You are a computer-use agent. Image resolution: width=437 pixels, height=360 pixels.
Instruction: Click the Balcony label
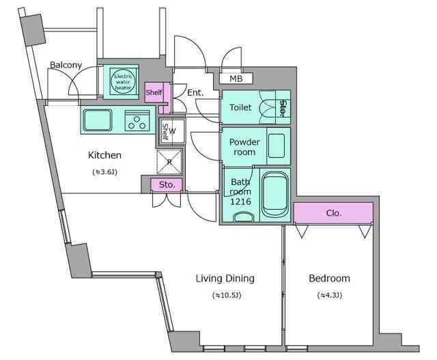[x=66, y=65]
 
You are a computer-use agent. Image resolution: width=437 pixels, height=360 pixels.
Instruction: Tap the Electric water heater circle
[x=123, y=81]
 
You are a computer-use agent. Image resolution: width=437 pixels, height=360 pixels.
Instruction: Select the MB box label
[x=236, y=79]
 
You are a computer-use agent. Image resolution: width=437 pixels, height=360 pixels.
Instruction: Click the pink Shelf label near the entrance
[x=154, y=92]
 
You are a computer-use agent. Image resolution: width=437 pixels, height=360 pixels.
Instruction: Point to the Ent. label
[x=195, y=92]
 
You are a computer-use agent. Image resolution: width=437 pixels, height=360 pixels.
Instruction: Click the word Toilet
[x=240, y=107]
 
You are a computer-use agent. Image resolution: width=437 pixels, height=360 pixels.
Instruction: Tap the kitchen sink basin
[x=98, y=120]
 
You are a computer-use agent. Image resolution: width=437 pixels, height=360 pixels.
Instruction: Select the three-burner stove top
[x=137, y=120]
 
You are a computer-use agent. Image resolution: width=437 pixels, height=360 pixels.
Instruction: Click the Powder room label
[x=244, y=147]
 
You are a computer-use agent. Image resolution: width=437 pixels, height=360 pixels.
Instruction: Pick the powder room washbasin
[x=277, y=146]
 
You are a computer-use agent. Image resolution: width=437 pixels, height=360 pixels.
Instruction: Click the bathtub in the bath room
[x=275, y=195]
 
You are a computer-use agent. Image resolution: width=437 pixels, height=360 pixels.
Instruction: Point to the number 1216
[x=240, y=202]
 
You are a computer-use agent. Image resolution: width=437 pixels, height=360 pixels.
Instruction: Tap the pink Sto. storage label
[x=167, y=184]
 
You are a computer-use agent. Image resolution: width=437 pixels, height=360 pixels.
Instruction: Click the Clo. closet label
[x=334, y=213]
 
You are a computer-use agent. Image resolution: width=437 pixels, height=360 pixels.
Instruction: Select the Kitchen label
[x=104, y=155]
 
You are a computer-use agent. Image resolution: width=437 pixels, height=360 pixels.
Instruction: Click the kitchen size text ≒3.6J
[x=104, y=171]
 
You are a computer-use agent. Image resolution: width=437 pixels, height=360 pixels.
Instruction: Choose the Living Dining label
[x=225, y=279]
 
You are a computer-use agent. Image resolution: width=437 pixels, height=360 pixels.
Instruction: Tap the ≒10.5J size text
[x=227, y=295]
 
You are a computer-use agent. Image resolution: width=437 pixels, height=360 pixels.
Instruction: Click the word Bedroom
[x=329, y=278]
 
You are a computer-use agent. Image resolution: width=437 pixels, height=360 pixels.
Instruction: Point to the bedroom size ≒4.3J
[x=329, y=295]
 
